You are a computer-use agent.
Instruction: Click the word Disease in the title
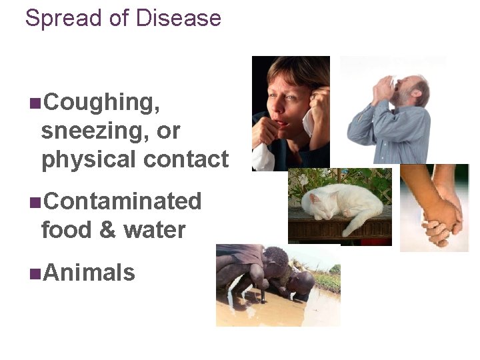tap(178, 18)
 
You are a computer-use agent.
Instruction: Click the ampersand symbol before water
tap(107, 230)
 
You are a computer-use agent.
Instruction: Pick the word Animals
tap(89, 273)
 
